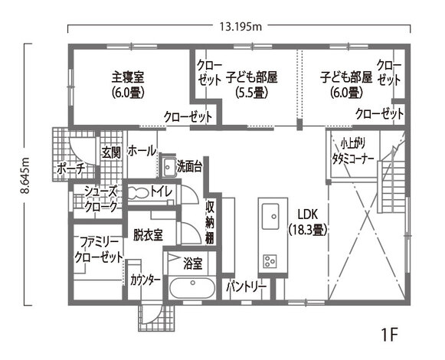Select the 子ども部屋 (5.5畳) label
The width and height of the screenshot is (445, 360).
coord(250,84)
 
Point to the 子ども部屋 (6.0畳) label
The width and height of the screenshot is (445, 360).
coord(345,84)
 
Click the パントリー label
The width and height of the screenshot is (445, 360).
coord(246,287)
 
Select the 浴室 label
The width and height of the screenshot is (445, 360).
coord(193,263)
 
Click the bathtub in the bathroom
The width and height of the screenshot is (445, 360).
coord(191,290)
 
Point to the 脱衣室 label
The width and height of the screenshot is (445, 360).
coord(147,235)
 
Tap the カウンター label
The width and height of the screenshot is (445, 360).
coord(145,280)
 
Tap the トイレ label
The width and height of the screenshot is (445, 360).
coord(160,190)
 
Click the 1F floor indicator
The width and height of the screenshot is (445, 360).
coord(389,335)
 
